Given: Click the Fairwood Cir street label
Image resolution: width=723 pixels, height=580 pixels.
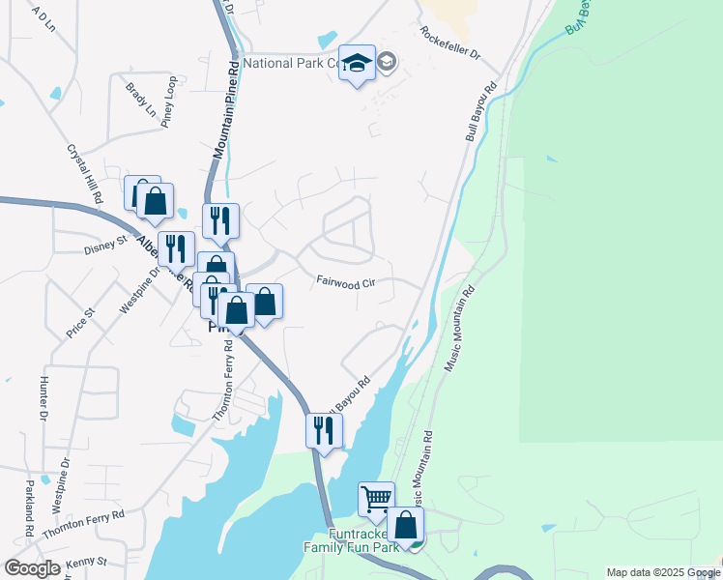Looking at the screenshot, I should [345, 282].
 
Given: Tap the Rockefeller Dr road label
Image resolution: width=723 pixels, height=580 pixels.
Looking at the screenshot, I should [449, 42].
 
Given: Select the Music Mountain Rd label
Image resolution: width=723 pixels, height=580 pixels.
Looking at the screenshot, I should [460, 329].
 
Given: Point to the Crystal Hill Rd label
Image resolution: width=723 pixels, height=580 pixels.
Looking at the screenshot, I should [84, 174].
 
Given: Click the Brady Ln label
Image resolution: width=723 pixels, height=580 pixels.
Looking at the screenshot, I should [140, 100].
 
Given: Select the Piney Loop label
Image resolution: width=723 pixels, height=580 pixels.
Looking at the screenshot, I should [169, 101].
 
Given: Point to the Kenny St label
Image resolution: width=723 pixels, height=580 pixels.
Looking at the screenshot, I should [86, 562].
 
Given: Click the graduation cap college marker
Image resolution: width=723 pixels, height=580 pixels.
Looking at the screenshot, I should [358, 64].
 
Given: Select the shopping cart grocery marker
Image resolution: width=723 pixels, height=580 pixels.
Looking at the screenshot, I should [376, 500].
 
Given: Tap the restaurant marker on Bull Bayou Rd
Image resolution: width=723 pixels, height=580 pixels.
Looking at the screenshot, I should [324, 431].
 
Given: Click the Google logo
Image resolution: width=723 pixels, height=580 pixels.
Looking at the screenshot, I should [32, 567].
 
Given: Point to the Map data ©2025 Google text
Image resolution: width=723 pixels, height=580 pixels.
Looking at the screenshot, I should [663, 572].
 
